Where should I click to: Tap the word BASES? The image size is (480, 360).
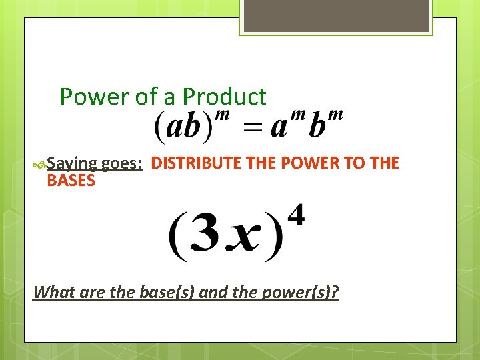pos(71,181)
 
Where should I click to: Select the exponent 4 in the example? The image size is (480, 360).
pos(297,216)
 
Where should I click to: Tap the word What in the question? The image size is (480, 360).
pos(52,292)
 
